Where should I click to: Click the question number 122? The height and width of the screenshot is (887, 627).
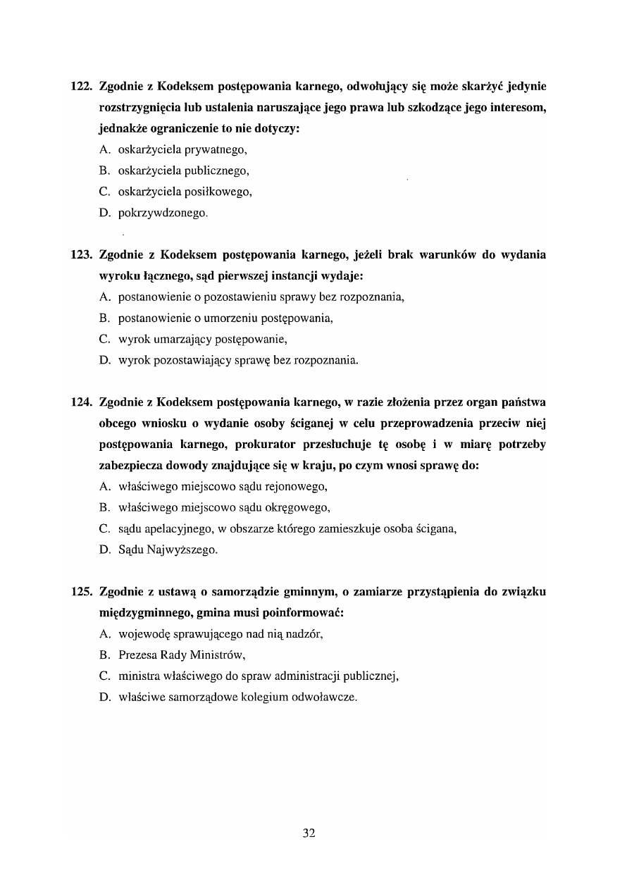point(82,87)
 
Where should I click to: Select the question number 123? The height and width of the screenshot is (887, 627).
point(82,255)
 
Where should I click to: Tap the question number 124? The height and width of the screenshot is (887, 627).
point(82,403)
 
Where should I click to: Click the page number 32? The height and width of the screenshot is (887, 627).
point(309,833)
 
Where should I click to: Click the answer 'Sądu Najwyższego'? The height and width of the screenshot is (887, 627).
point(168,550)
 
